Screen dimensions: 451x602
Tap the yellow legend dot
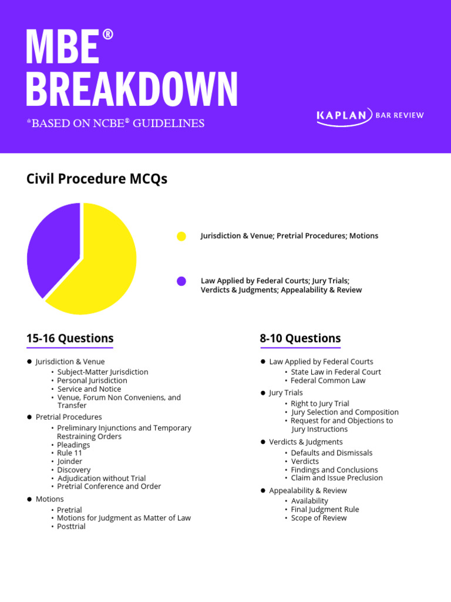[181, 236]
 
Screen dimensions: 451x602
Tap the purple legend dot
[181, 281]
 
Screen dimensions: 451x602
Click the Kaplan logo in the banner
[369, 115]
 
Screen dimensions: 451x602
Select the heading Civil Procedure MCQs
[97, 179]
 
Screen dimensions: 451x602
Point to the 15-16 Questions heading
[70, 339]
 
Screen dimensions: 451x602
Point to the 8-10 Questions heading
[300, 339]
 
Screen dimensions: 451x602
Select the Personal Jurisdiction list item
[92, 380]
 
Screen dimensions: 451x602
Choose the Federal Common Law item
[328, 380]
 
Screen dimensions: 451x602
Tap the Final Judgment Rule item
[325, 509]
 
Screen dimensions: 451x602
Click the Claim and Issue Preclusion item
[336, 478]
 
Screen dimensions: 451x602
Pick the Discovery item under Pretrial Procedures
[74, 470]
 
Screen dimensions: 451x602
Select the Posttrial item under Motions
[71, 526]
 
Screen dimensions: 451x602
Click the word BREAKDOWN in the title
[132, 89]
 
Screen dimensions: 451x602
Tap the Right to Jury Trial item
[319, 403]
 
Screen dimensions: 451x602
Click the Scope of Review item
[319, 518]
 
